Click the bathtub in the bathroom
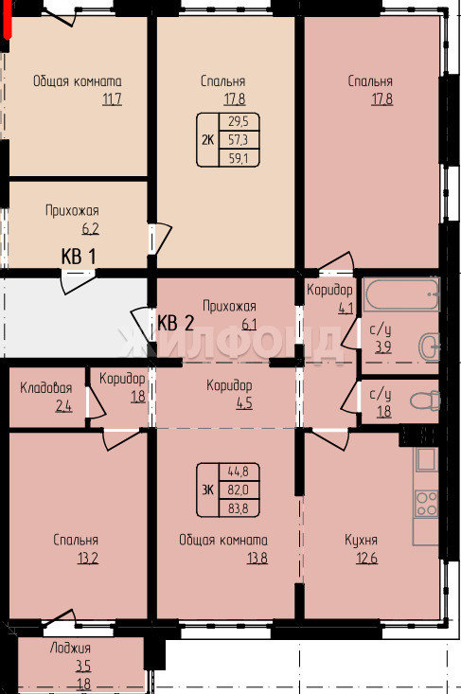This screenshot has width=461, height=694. click(401, 294)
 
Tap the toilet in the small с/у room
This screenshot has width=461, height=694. click(425, 401)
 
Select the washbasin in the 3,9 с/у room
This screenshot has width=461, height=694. click(429, 347)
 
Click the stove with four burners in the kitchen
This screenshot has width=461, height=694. click(426, 504)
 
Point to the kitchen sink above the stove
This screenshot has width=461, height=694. click(426, 459)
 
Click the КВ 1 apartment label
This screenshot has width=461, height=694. click(79, 257)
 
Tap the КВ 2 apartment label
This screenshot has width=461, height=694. click(176, 323)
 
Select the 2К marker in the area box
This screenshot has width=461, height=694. click(207, 140)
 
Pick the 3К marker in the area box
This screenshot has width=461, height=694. click(207, 489)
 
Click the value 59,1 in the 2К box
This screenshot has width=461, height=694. click(239, 158)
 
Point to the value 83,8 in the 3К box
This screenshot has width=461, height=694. click(239, 508)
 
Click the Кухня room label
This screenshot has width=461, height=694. click(361, 540)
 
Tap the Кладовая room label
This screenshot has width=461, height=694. click(46, 388)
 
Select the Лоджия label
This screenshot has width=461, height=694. click(70, 648)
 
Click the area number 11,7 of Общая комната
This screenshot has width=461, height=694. click(112, 99)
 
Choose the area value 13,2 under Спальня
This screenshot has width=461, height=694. click(88, 559)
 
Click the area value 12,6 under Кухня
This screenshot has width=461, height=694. click(366, 559)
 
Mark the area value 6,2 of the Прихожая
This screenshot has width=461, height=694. click(90, 229)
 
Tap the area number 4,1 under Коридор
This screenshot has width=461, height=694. click(346, 308)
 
